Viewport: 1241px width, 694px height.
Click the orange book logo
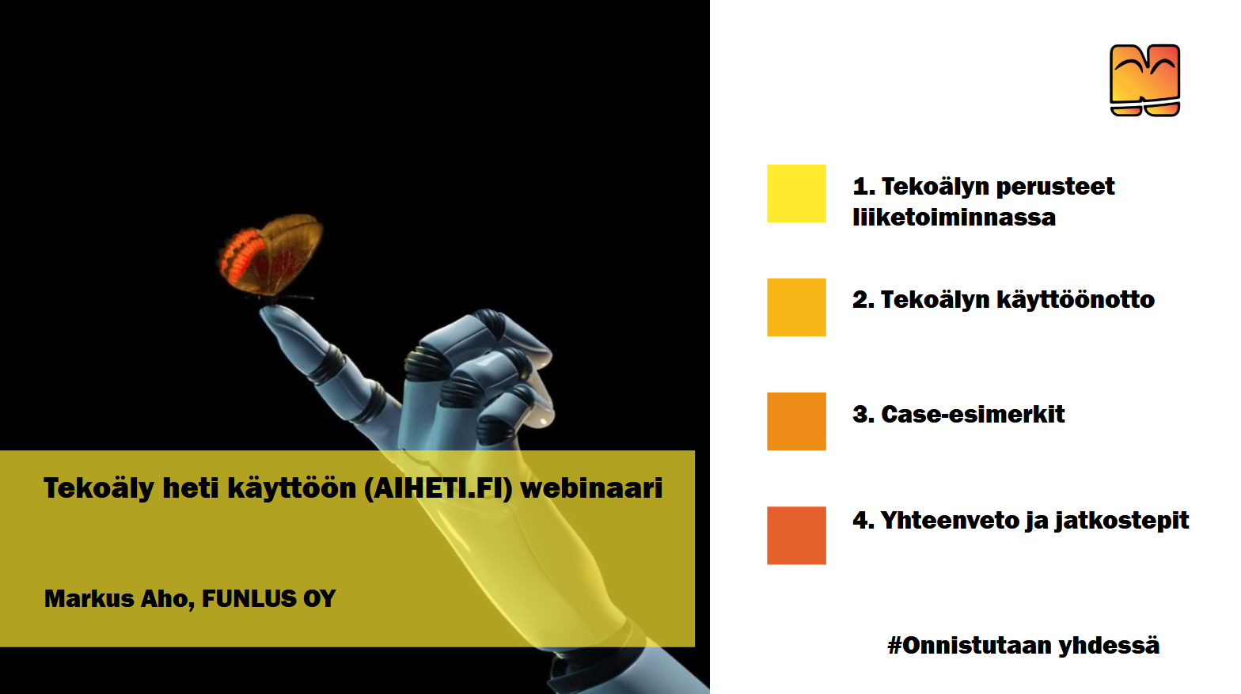click(x=1144, y=80)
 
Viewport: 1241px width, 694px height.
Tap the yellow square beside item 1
click(x=796, y=193)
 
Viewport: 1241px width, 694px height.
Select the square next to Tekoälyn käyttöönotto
click(x=796, y=307)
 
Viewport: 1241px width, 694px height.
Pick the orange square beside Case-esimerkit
click(x=796, y=422)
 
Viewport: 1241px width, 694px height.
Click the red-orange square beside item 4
click(x=796, y=536)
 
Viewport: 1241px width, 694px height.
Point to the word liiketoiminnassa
click(x=954, y=217)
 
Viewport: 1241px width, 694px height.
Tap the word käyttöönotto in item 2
click(x=1076, y=300)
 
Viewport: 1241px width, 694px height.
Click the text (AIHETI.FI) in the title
click(x=438, y=488)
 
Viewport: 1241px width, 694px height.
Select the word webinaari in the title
click(x=591, y=488)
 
